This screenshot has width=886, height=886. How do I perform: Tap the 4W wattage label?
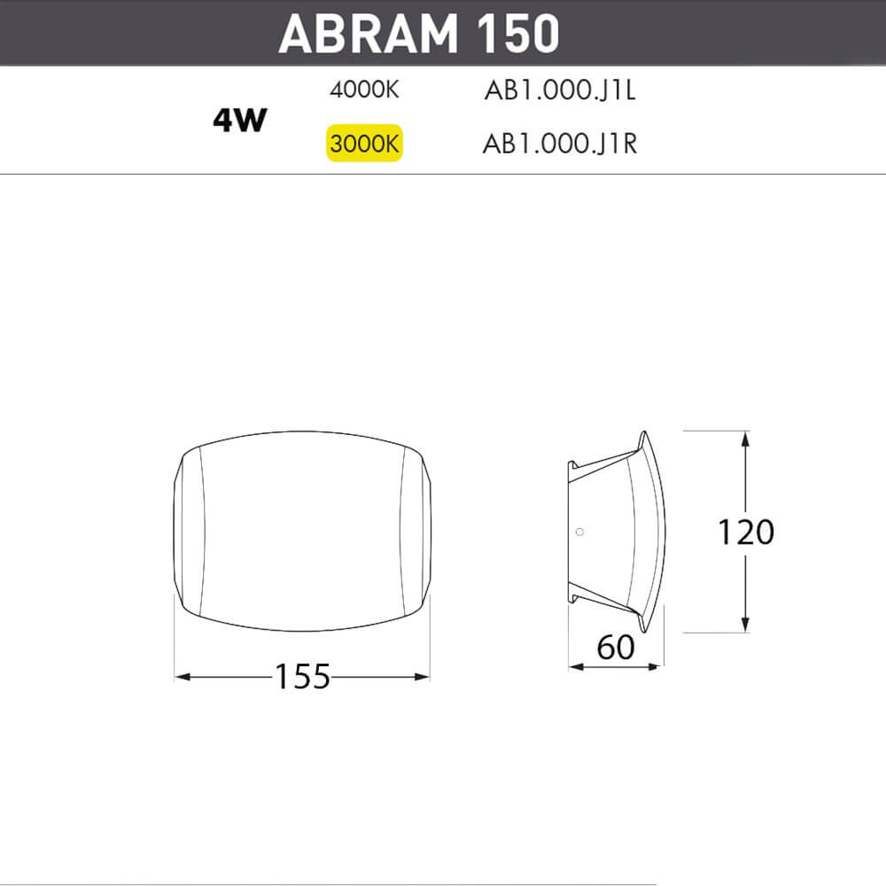[239, 120]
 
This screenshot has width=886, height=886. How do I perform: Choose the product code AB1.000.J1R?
[559, 144]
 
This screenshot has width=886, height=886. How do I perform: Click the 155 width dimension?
[301, 677]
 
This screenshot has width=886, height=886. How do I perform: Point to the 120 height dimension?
[746, 532]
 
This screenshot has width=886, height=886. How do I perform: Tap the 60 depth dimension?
[616, 648]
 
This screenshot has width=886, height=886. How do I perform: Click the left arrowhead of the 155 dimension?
[183, 677]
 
